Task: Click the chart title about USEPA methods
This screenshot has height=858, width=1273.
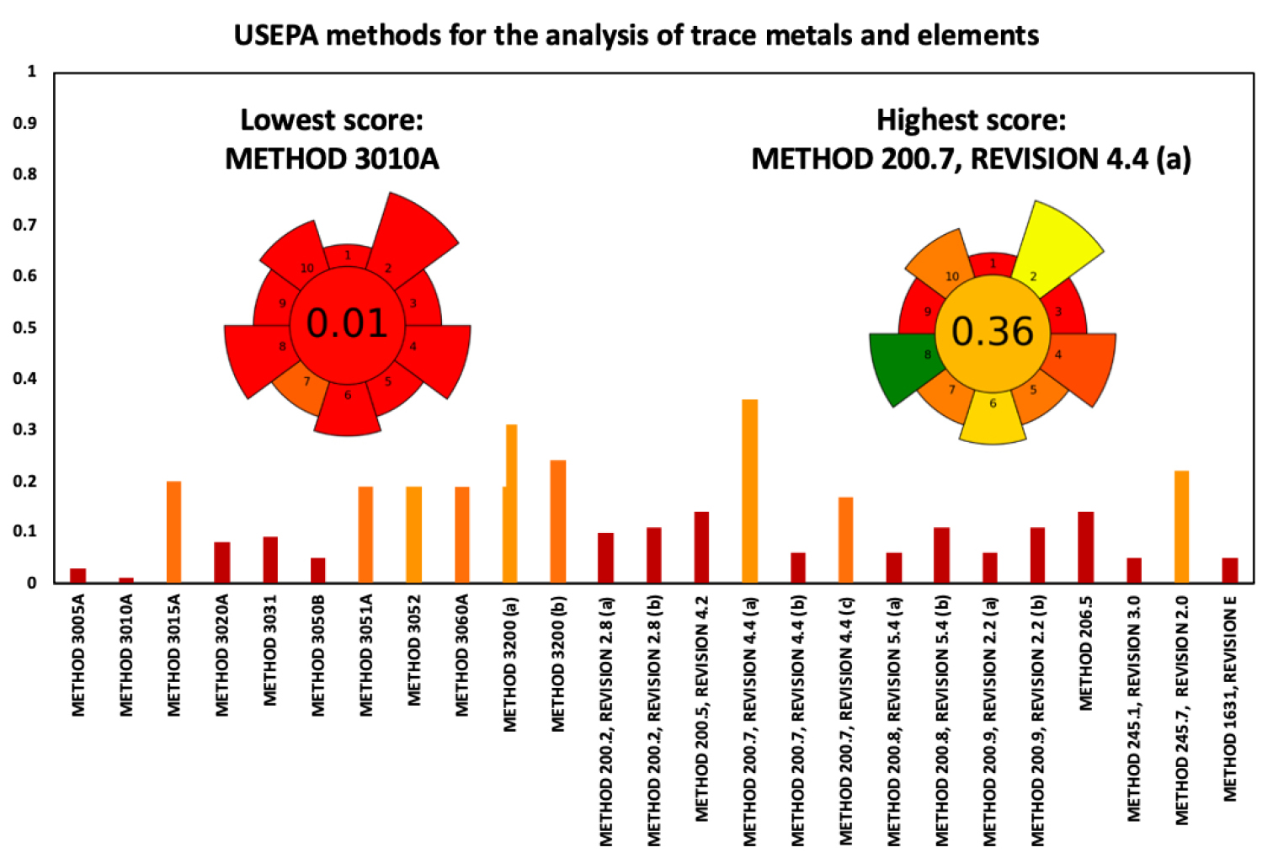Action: coord(636,35)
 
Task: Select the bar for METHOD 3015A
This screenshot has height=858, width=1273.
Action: coord(173,531)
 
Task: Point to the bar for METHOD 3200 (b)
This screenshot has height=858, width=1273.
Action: coord(557,521)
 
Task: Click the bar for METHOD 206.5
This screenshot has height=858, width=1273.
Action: coord(1085,547)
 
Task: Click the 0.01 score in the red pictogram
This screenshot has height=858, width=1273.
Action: coord(347,323)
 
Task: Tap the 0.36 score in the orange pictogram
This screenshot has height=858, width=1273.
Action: coord(992,332)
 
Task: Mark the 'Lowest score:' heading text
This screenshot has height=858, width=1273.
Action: coord(332,120)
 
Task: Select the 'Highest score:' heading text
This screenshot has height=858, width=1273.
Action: coord(971,120)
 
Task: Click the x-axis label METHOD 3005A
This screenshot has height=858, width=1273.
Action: coord(78,656)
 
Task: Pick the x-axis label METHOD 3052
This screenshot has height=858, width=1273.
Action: coord(413,651)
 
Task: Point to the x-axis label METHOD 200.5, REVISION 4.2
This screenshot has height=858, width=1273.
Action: coord(702,709)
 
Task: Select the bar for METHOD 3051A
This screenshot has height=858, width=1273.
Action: coord(365,534)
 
